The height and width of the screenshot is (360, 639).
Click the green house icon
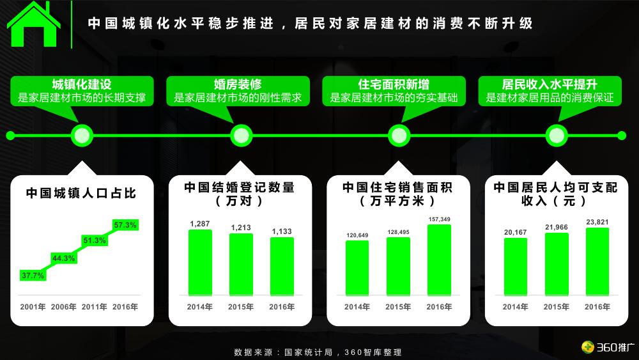point(33,24)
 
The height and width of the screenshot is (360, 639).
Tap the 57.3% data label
point(125,225)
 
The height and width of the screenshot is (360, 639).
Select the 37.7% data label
point(33,275)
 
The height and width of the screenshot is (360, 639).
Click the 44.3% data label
point(63,258)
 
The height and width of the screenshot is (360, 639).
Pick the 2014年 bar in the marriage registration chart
point(200,263)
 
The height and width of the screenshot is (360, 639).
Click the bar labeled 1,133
point(282,266)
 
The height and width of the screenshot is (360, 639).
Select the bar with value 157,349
point(440,260)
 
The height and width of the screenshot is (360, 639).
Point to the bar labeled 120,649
point(357,268)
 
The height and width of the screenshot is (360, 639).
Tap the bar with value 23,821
point(597,262)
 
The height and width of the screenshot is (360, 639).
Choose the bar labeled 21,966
point(557,264)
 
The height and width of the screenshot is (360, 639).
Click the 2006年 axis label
point(63,307)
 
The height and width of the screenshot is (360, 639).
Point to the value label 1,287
point(200,224)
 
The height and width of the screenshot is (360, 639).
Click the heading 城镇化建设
point(82,84)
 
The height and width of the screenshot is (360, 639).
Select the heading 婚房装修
point(238,84)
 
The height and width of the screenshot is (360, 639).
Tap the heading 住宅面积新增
point(394,84)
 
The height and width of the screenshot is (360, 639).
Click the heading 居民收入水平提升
point(550,84)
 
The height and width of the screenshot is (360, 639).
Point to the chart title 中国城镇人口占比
point(81,193)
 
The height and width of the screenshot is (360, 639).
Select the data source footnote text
point(318,352)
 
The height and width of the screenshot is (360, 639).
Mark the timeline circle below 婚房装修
point(242,136)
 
